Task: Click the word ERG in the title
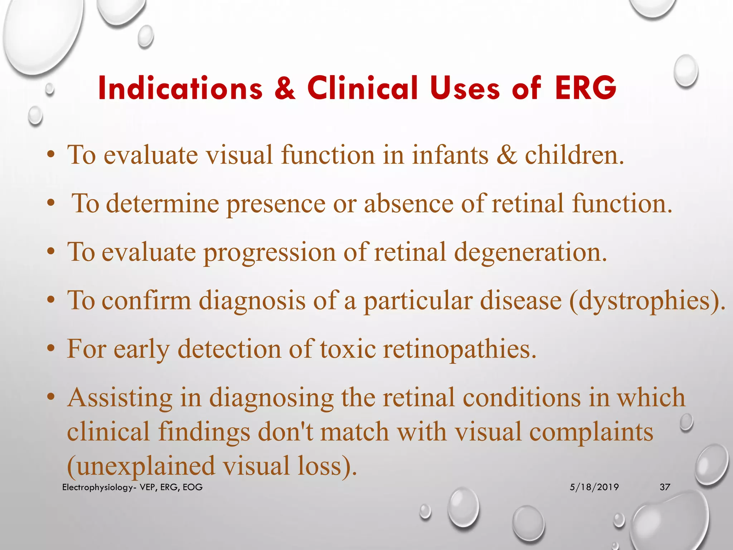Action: click(x=586, y=88)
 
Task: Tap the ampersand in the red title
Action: click(x=285, y=88)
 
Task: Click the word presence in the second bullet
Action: click(x=276, y=204)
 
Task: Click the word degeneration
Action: click(x=530, y=253)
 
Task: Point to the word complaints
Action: click(x=591, y=432)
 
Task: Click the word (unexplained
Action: click(x=141, y=466)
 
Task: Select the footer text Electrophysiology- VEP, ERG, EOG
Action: click(x=132, y=487)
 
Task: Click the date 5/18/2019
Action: click(x=594, y=487)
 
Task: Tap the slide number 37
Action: click(x=665, y=487)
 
